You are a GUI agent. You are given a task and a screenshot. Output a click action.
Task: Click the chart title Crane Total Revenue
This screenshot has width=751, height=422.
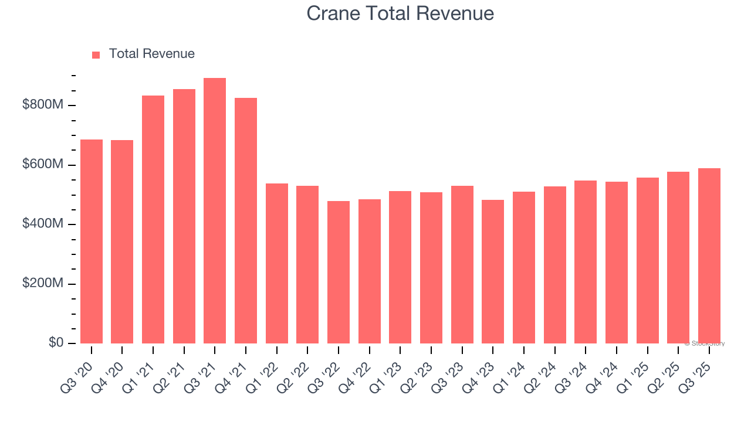pyautogui.click(x=400, y=13)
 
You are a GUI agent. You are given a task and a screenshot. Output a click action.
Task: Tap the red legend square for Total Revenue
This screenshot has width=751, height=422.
pyautogui.click(x=96, y=55)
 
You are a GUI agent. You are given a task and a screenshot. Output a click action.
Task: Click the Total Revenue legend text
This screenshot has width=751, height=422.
pyautogui.click(x=151, y=54)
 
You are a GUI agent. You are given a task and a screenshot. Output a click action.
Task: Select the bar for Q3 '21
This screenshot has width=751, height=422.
pyautogui.click(x=215, y=211)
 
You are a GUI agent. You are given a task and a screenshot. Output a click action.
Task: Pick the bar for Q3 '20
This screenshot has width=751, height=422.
pyautogui.click(x=92, y=241)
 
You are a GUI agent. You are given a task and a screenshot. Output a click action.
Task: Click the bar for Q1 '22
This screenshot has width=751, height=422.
pyautogui.click(x=277, y=264)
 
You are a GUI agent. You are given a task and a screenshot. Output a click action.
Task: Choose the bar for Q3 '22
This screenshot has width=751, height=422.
pyautogui.click(x=339, y=273)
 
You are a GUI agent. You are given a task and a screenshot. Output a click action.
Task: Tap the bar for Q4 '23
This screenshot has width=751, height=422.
pyautogui.click(x=493, y=272)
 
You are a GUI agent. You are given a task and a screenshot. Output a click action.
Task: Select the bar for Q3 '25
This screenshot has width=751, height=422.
pyautogui.click(x=709, y=256)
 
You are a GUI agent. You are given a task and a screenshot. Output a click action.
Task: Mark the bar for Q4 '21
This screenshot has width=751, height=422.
pyautogui.click(x=246, y=221)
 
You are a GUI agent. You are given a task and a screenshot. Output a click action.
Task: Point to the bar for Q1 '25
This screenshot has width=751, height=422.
pyautogui.click(x=647, y=261)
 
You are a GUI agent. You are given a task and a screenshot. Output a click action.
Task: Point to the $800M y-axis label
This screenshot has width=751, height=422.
pyautogui.click(x=43, y=105)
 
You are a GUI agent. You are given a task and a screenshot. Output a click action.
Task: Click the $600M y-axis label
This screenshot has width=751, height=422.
pyautogui.click(x=43, y=165)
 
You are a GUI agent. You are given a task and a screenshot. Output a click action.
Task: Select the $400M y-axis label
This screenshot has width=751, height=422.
pyautogui.click(x=43, y=224)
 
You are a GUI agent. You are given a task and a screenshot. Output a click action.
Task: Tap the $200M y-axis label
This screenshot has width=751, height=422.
pyautogui.click(x=43, y=284)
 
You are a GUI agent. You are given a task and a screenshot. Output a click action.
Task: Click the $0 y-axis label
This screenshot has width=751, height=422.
pyautogui.click(x=56, y=343)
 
